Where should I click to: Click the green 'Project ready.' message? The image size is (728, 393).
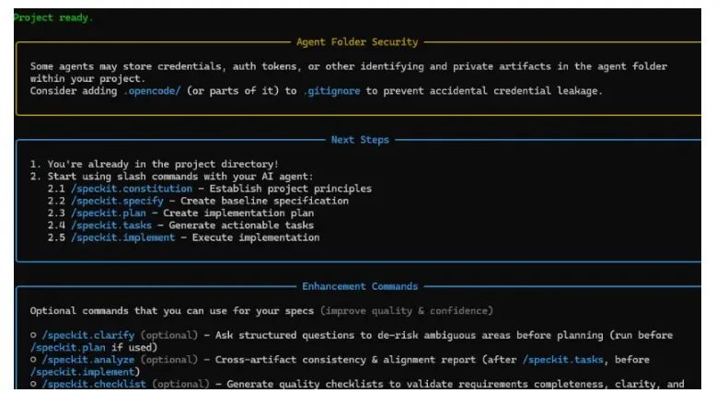click(53, 17)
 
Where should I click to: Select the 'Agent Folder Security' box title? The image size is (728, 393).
click(357, 41)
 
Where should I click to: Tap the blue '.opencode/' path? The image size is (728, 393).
click(152, 90)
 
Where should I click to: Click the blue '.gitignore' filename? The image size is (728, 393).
click(331, 90)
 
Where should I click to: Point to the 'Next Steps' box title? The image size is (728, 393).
click(360, 140)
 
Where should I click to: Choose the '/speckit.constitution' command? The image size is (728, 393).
click(132, 189)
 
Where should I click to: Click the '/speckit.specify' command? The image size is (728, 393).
click(117, 201)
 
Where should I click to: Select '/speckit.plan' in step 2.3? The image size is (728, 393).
click(109, 213)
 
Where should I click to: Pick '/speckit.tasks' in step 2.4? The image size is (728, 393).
click(111, 225)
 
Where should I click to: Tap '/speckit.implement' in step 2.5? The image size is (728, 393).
click(123, 237)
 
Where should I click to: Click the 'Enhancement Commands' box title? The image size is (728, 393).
click(360, 286)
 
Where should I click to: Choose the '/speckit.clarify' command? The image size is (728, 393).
click(88, 335)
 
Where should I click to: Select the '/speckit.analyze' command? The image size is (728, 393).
click(88, 360)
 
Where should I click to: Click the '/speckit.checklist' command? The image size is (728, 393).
click(94, 384)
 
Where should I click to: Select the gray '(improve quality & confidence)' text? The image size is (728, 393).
click(407, 311)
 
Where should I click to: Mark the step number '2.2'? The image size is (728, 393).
click(56, 201)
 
